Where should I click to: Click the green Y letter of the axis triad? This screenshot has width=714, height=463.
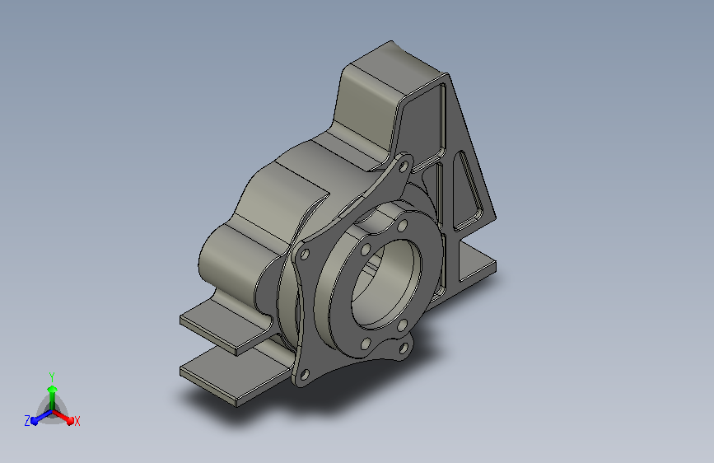pyautogui.click(x=51, y=376)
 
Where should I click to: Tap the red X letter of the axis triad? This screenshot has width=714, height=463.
pyautogui.click(x=77, y=421)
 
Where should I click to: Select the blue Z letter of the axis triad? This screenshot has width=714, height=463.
pyautogui.click(x=27, y=421)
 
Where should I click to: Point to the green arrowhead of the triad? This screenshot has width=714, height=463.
pyautogui.click(x=52, y=389)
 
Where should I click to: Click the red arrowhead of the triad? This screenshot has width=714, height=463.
pyautogui.click(x=70, y=420)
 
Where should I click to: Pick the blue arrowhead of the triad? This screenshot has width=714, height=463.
pyautogui.click(x=34, y=421)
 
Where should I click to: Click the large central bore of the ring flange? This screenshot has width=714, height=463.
pyautogui.click(x=386, y=283)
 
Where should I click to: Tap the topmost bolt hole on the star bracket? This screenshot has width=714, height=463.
pyautogui.click(x=403, y=167)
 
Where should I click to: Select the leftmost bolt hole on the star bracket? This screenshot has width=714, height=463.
pyautogui.click(x=305, y=255)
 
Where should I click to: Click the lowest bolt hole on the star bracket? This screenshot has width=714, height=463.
pyautogui.click(x=305, y=375)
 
